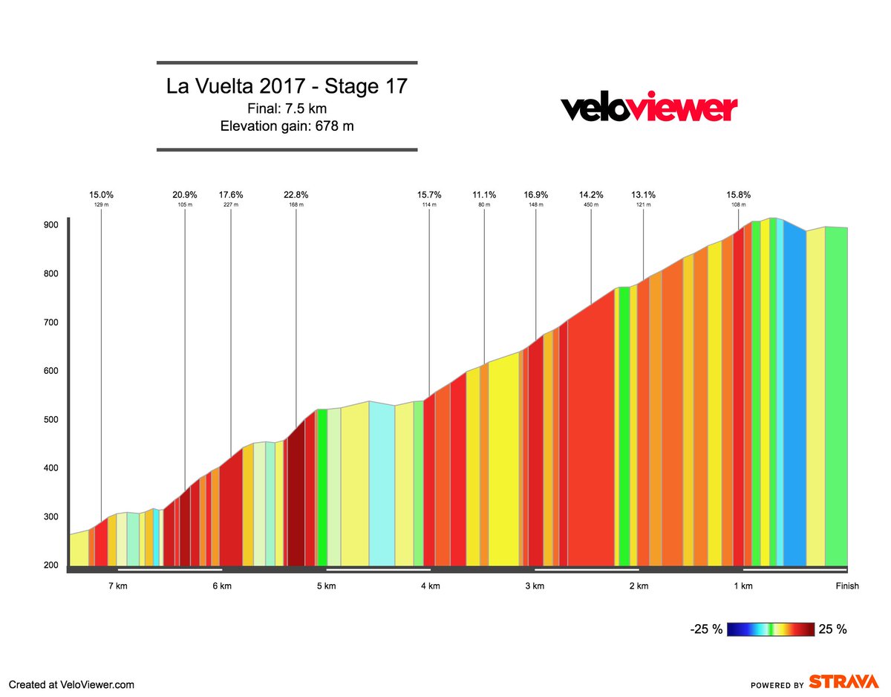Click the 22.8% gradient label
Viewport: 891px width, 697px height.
[x=296, y=195]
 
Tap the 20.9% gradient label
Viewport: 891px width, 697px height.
[x=185, y=195]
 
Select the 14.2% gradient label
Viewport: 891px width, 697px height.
[x=591, y=195]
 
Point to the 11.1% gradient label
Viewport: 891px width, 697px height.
[x=484, y=195]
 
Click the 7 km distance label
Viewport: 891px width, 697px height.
[x=117, y=586]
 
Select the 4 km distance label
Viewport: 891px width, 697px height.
[x=430, y=586]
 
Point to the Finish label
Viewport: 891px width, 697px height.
[x=846, y=586]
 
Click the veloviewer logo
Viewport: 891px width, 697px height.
[x=648, y=108]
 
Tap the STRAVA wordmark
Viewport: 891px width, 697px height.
[x=844, y=682]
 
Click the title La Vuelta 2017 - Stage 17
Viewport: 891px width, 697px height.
[x=287, y=86]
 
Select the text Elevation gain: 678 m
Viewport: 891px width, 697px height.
[x=287, y=126]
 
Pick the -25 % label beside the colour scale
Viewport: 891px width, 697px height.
[x=706, y=629]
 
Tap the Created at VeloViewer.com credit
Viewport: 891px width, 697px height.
[x=71, y=684]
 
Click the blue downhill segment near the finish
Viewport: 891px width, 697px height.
[x=794, y=401]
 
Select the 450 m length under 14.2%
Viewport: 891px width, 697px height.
[x=591, y=204]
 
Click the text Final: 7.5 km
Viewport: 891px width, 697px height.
[x=287, y=108]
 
